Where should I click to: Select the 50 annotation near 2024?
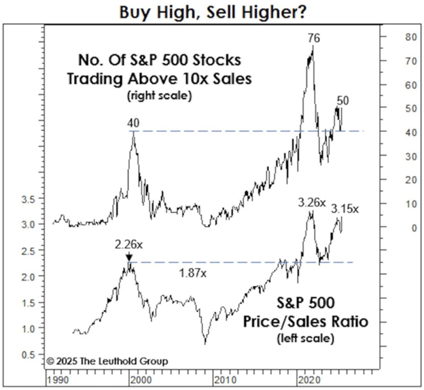343,101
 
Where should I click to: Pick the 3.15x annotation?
345,208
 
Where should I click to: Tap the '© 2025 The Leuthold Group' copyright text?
107,361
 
